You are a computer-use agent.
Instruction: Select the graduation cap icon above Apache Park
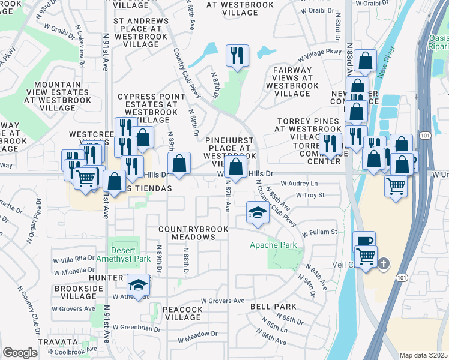pos(258,212)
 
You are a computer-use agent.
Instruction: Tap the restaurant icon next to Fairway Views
pos(237,56)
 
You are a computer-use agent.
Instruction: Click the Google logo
pos(20,353)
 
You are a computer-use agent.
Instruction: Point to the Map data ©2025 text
pos(423,355)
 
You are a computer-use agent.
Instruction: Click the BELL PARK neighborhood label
pos(273,306)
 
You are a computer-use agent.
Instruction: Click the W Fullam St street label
pos(320,232)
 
